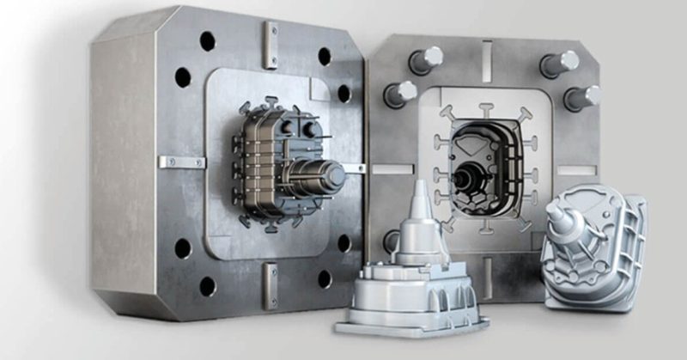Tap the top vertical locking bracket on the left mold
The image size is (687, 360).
tap(271, 43)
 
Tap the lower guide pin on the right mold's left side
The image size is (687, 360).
tap(400, 93)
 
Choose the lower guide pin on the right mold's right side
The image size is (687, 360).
tap(581, 96)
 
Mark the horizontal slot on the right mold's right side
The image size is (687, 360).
tap(584, 169)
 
